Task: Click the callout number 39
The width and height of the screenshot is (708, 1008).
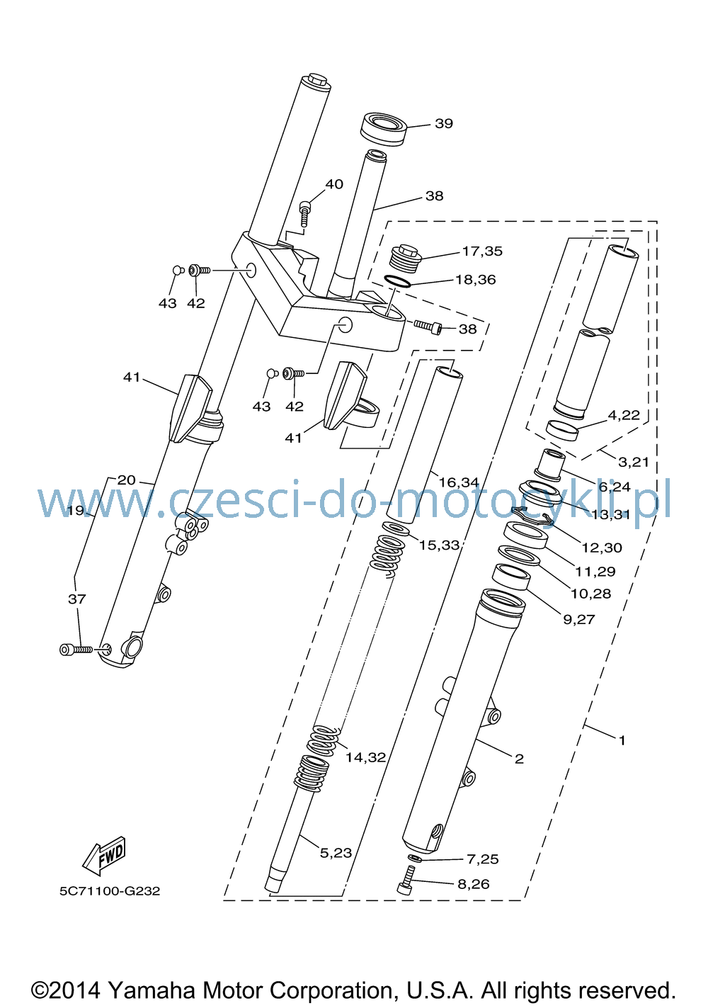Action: click(443, 123)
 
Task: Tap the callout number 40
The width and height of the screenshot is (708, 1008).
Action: click(333, 184)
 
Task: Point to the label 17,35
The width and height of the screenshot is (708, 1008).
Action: click(482, 251)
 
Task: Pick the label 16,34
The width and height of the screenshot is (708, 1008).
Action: click(458, 483)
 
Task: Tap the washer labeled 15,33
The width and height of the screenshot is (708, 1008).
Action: click(395, 529)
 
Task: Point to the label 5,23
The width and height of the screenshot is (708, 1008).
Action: click(336, 852)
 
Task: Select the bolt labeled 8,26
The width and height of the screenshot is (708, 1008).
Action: click(405, 881)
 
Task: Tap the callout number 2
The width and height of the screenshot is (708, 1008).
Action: click(519, 759)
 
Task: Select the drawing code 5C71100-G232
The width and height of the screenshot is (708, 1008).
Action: click(110, 891)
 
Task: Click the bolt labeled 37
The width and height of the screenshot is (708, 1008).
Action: click(76, 650)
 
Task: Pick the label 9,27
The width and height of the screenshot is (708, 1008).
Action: click(579, 619)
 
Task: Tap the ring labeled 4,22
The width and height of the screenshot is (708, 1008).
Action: click(562, 431)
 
